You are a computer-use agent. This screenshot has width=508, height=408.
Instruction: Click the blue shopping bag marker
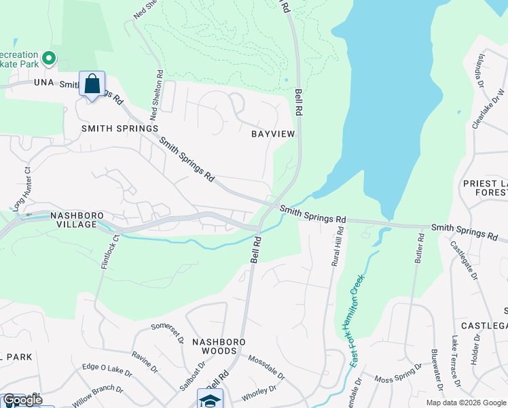[x=92, y=84]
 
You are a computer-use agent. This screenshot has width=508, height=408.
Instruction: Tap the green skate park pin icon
[x=48, y=59]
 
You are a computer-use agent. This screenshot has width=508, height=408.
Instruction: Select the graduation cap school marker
[x=210, y=400]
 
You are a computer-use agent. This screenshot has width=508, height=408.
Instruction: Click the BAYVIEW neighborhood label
[x=274, y=134]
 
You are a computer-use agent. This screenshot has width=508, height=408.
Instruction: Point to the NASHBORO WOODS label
[x=213, y=346]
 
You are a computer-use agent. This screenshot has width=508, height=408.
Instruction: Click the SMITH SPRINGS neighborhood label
[x=120, y=128]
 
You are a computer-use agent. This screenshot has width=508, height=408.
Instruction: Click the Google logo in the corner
[x=22, y=400]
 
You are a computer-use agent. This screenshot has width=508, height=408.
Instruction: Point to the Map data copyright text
[x=465, y=403]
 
